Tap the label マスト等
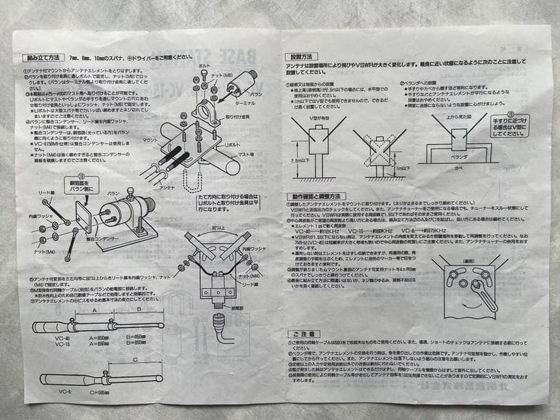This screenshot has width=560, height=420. [x=246, y=154]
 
